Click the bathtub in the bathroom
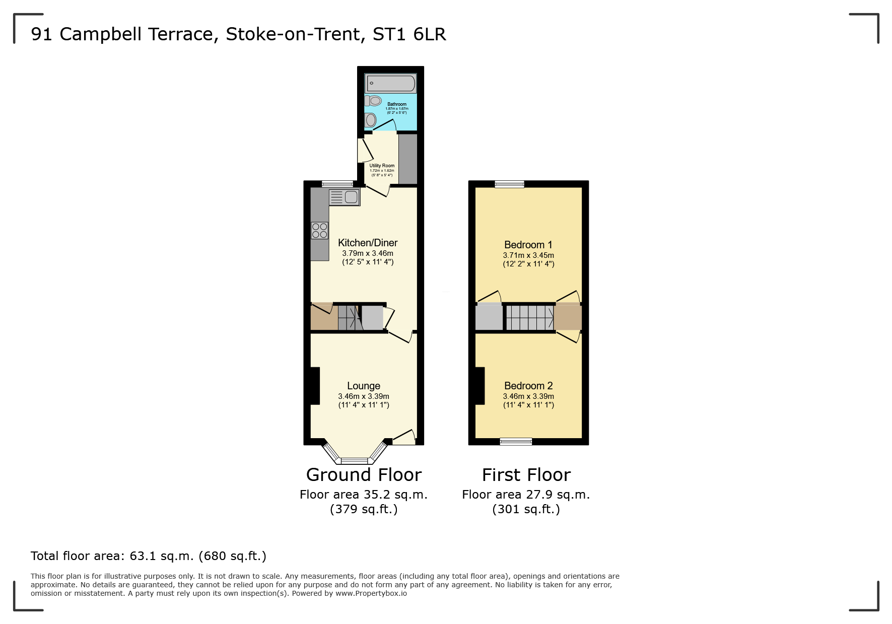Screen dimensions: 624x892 [391, 83]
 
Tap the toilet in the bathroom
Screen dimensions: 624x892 [373, 101]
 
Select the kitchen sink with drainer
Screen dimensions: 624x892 [345, 197]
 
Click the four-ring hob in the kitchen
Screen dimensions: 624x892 [319, 231]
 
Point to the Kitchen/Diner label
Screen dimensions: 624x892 [368, 243]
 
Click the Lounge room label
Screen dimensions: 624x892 [363, 386]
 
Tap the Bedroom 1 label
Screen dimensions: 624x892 [528, 245]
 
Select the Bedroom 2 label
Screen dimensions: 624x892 [528, 386]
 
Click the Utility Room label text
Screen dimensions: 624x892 [382, 166]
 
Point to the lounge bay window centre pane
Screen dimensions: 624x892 [355, 460]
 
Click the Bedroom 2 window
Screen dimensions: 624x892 [516, 442]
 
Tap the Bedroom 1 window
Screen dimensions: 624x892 [509, 184]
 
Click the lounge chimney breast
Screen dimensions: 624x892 [315, 386]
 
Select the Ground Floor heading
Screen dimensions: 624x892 [364, 475]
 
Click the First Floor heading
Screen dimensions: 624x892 [526, 475]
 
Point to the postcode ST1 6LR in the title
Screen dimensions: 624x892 [409, 34]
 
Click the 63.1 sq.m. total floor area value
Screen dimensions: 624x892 [161, 556]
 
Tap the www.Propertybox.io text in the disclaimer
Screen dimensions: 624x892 [371, 593]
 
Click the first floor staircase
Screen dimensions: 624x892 [529, 318]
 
